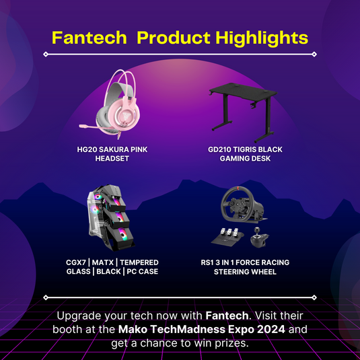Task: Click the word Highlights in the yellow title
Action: [x=262, y=38]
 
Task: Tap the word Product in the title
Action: [x=174, y=38]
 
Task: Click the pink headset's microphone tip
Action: [x=81, y=126]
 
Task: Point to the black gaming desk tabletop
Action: [x=244, y=91]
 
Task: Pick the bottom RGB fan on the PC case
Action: [x=123, y=235]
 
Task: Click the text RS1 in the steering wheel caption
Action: [x=207, y=262]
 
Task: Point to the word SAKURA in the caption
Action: [x=114, y=149]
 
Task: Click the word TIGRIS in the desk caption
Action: [x=245, y=149]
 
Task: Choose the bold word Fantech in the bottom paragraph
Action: [x=227, y=316]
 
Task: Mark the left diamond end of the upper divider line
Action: [x=46, y=55]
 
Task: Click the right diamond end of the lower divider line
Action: [x=314, y=298]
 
